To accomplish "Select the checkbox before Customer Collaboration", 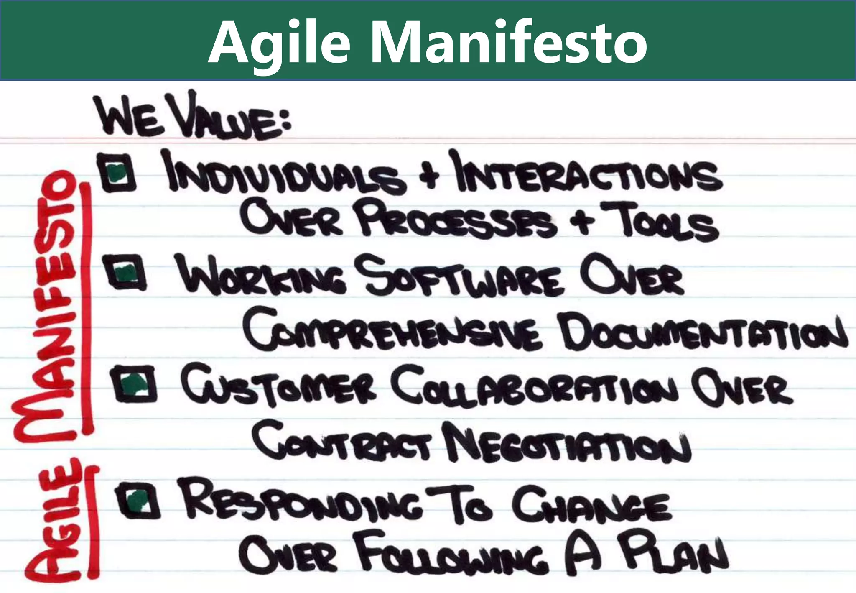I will click(x=135, y=383).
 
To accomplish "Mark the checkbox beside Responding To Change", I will click(x=138, y=500).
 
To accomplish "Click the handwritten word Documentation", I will click(x=702, y=335).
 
